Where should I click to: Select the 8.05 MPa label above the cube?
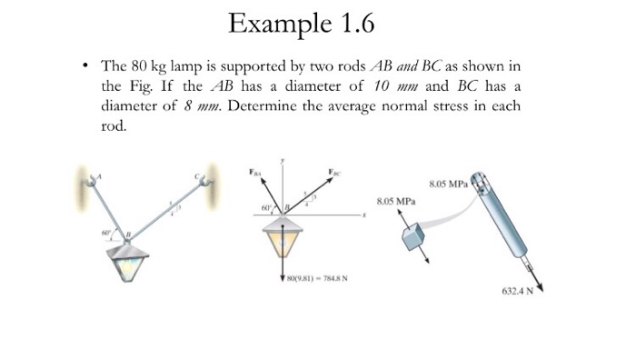[391, 202]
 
